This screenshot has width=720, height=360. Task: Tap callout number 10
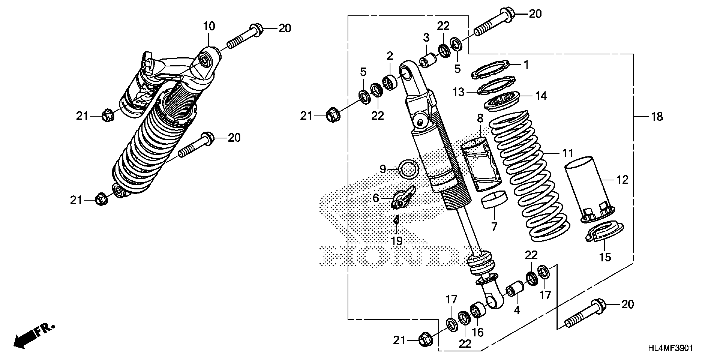209,26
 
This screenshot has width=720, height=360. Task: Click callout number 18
657,116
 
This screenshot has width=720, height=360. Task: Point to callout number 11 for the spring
568,153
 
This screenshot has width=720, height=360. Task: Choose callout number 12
622,180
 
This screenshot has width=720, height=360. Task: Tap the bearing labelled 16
478,310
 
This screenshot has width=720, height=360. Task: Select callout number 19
396,241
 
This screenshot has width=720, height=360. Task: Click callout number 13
458,92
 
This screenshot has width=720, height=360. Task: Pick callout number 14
541,96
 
